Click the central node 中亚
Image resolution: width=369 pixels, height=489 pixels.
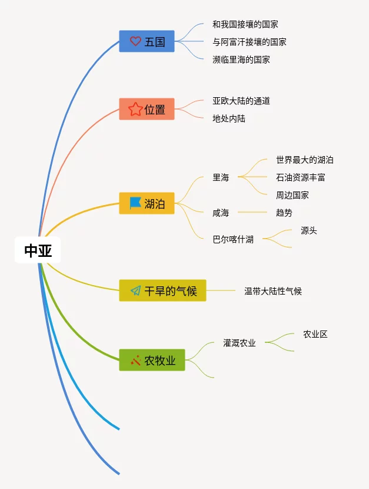click(38, 251)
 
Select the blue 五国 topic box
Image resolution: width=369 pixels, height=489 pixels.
click(147, 41)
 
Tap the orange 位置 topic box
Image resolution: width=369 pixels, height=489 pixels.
click(147, 109)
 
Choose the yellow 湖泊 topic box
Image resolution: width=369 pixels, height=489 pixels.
click(147, 203)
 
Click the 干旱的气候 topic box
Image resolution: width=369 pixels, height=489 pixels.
click(162, 290)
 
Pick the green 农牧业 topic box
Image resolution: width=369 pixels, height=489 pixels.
click(152, 360)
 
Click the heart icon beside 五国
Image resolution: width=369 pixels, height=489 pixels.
click(135, 41)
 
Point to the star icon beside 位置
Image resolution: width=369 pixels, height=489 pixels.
click(135, 109)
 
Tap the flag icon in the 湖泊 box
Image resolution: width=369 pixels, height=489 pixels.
click(135, 203)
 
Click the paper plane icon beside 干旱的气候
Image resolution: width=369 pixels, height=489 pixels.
click(135, 290)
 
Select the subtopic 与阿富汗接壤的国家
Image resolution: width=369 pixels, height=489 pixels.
click(249, 42)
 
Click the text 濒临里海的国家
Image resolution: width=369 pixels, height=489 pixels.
click(241, 60)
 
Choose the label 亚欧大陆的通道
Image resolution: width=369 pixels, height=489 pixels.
click(241, 101)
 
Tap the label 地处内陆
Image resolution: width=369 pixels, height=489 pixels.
click(228, 118)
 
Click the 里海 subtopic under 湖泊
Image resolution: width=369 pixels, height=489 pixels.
click(221, 177)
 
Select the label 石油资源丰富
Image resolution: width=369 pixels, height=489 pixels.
click(300, 177)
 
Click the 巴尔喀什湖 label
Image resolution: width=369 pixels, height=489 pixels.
click(233, 239)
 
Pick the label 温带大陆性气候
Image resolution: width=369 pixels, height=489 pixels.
click(272, 290)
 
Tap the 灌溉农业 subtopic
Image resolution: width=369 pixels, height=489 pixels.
click(239, 343)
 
